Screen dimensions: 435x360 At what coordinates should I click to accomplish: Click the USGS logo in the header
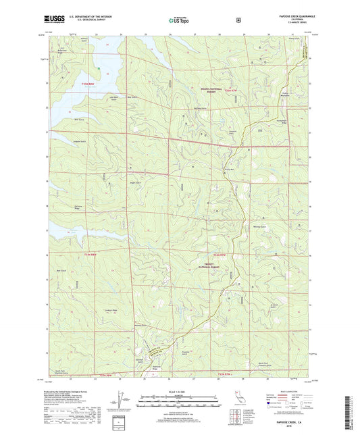pyautogui.click(x=57, y=21)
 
